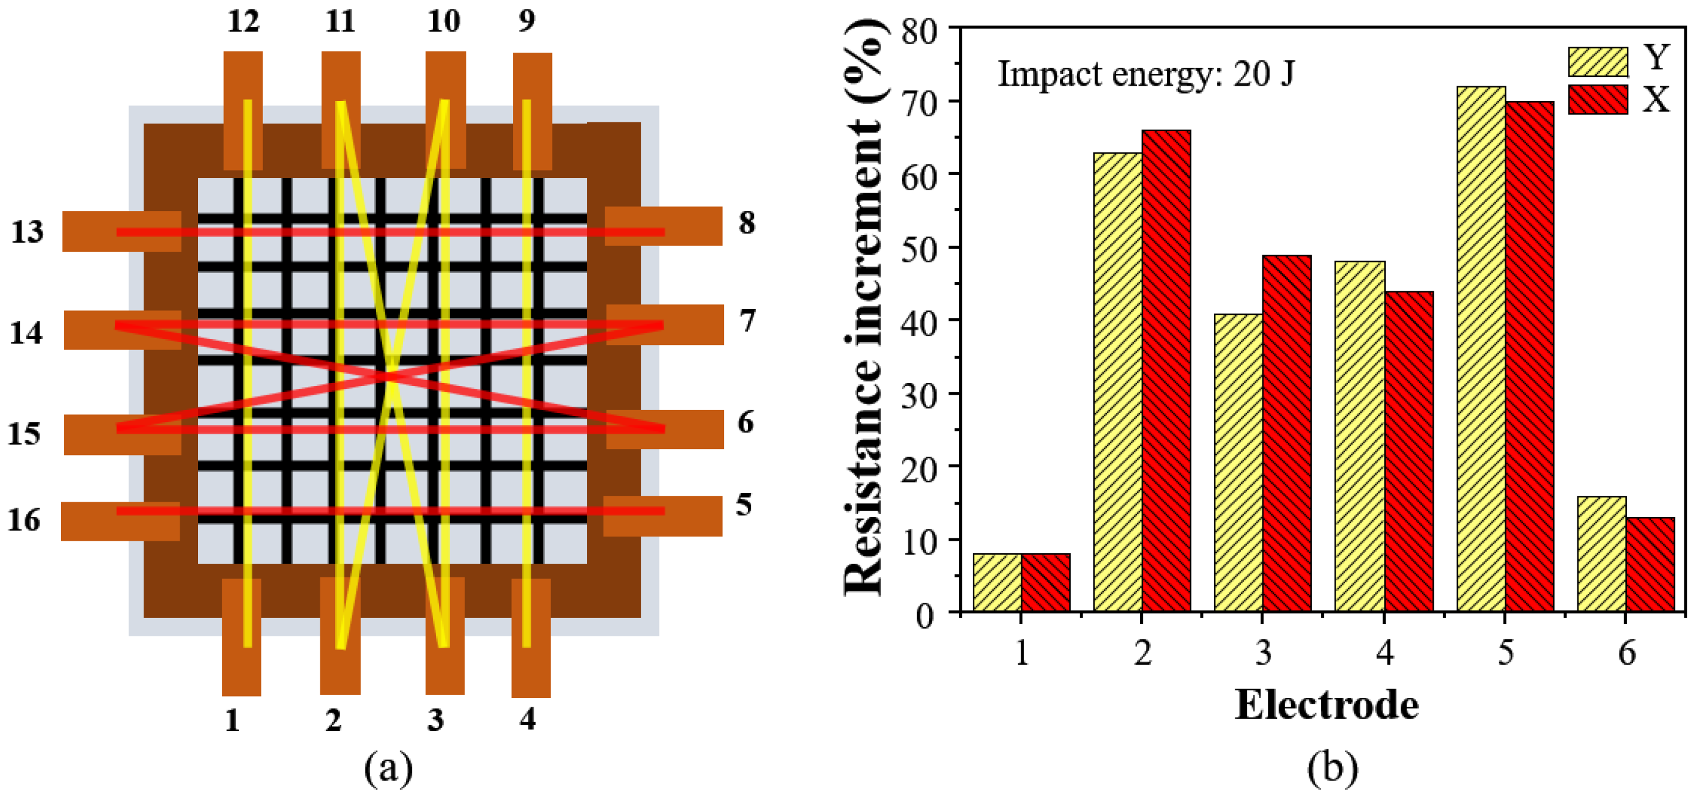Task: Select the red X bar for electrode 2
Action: [x=1165, y=370]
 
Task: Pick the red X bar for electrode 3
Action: [x=1286, y=434]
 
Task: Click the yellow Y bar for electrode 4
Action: [x=1359, y=437]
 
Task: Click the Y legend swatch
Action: [x=1597, y=61]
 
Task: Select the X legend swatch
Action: [x=1597, y=100]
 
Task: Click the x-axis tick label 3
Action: [x=1263, y=653]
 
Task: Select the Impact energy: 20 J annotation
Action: [x=1145, y=73]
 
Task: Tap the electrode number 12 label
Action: [x=243, y=22]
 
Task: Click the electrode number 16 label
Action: [x=24, y=521]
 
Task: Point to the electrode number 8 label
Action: [x=746, y=223]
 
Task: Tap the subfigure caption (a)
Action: [x=388, y=768]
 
